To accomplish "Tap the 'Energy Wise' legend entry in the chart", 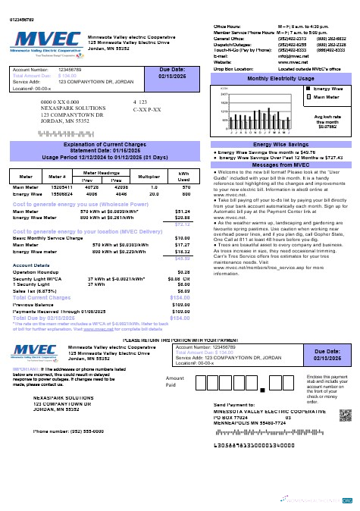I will tap(327, 89).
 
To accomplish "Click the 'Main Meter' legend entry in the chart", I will tap(326, 97).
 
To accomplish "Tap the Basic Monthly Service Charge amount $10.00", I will tap(182, 238).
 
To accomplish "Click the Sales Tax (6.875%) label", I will tap(35, 290).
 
